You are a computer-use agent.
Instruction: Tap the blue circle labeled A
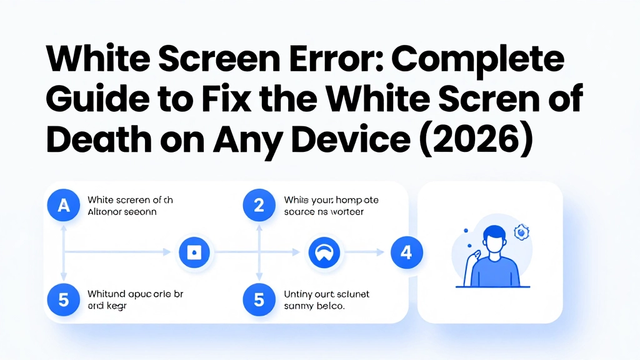[63, 206]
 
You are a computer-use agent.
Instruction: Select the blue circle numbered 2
[259, 206]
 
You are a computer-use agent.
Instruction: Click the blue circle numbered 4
[406, 252]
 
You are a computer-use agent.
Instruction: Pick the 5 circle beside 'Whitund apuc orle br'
[63, 299]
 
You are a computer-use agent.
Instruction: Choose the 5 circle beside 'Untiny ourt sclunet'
[259, 299]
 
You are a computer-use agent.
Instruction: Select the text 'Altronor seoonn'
[122, 212]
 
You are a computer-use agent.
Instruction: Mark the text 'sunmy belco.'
[316, 306]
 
